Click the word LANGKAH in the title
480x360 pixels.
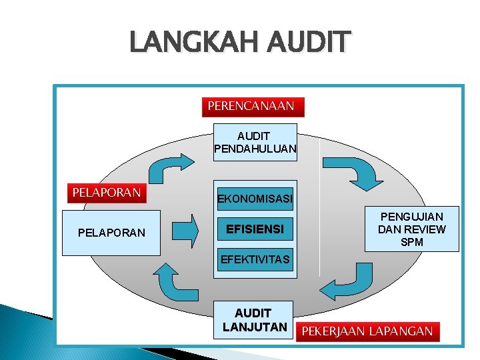[193, 43]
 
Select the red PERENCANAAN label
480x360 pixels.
[251, 106]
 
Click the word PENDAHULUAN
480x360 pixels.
[255, 149]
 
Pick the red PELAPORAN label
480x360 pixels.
[107, 193]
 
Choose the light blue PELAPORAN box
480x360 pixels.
[111, 233]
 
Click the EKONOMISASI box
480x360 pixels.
[255, 199]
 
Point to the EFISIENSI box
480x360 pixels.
[255, 229]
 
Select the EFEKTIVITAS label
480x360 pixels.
[255, 259]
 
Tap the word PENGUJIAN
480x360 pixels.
[411, 217]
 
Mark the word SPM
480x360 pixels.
[411, 242]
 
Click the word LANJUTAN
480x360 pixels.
[255, 327]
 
